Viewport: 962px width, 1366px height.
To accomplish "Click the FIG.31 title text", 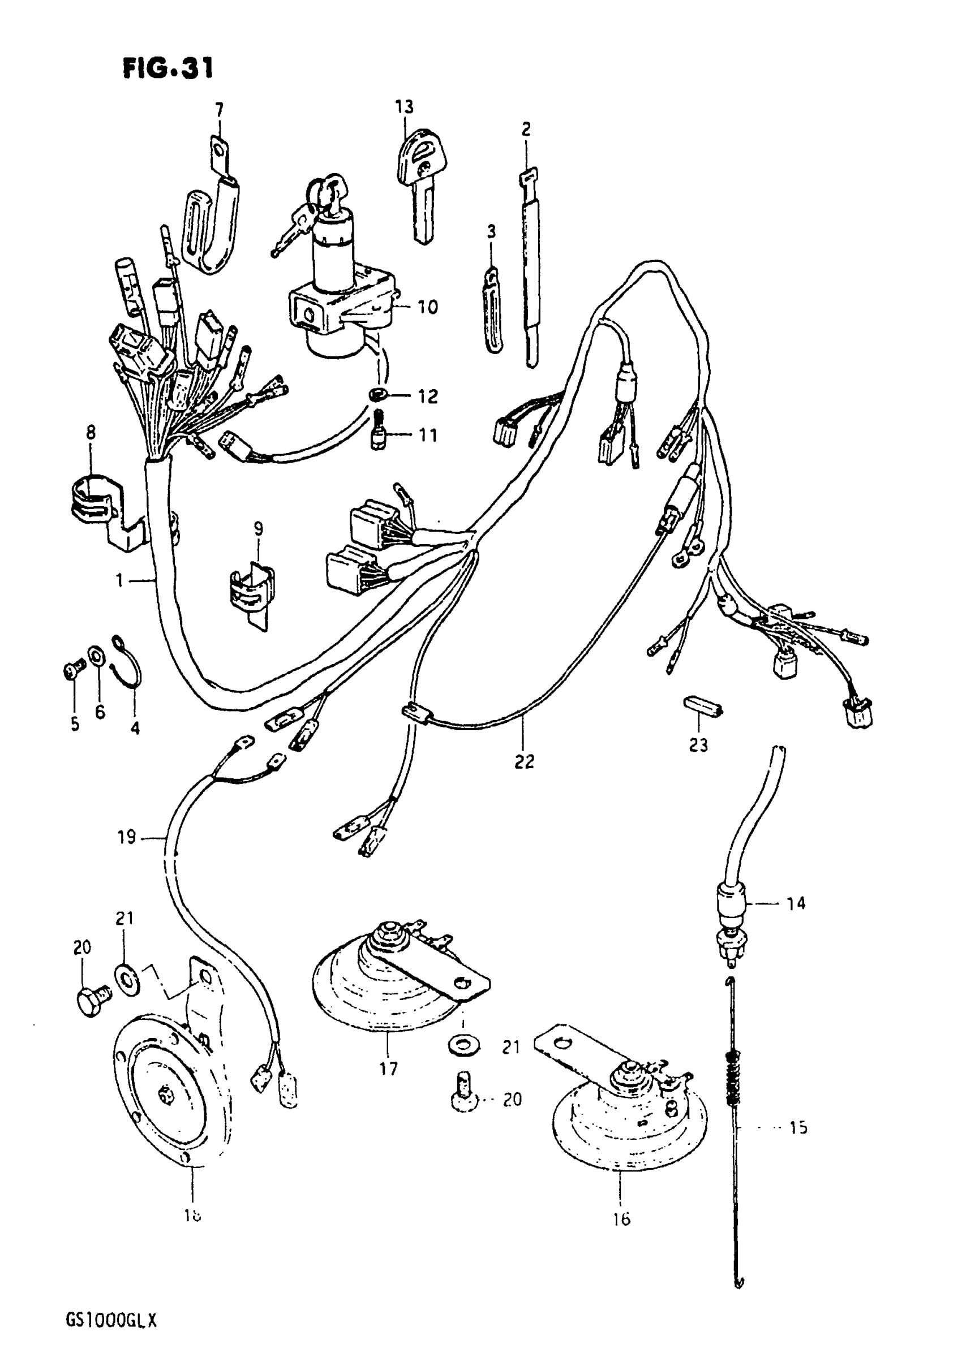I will (168, 69).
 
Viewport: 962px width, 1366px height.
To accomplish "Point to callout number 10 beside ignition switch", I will (427, 307).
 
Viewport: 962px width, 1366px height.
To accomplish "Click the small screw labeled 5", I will (71, 673).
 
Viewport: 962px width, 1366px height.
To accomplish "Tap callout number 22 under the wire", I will (524, 761).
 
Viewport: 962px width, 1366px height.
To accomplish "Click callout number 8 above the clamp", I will (91, 433).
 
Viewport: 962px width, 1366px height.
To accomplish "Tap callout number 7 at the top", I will (218, 110).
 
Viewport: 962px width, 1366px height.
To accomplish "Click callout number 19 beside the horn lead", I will (127, 837).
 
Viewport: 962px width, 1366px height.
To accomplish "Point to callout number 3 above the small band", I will (491, 231).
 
